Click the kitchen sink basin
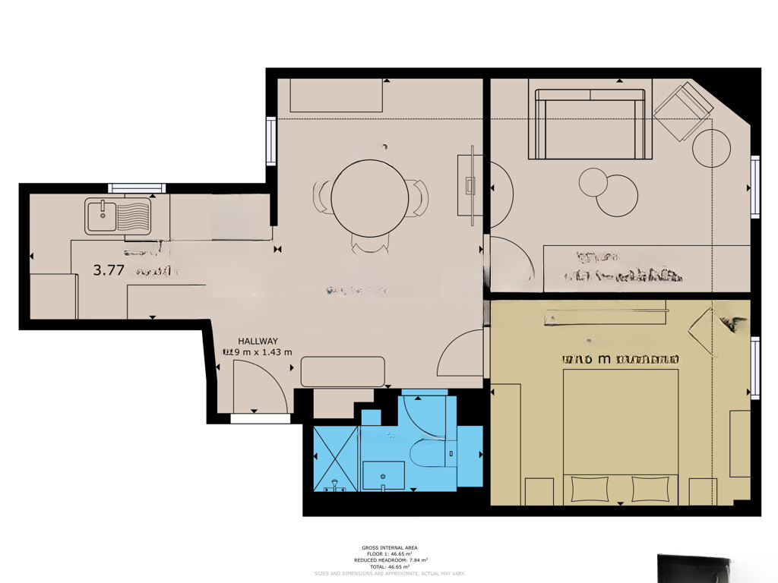click(100, 216)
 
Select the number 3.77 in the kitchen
click(109, 269)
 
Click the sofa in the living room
click(590, 124)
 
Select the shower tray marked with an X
click(335, 459)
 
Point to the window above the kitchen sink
click(137, 188)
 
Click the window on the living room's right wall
click(754, 187)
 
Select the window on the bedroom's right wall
click(754, 368)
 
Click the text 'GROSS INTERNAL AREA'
click(389, 547)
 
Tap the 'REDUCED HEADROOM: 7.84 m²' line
click(389, 560)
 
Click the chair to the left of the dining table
click(322, 197)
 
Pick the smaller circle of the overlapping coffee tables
click(593, 183)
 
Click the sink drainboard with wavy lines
click(133, 216)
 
